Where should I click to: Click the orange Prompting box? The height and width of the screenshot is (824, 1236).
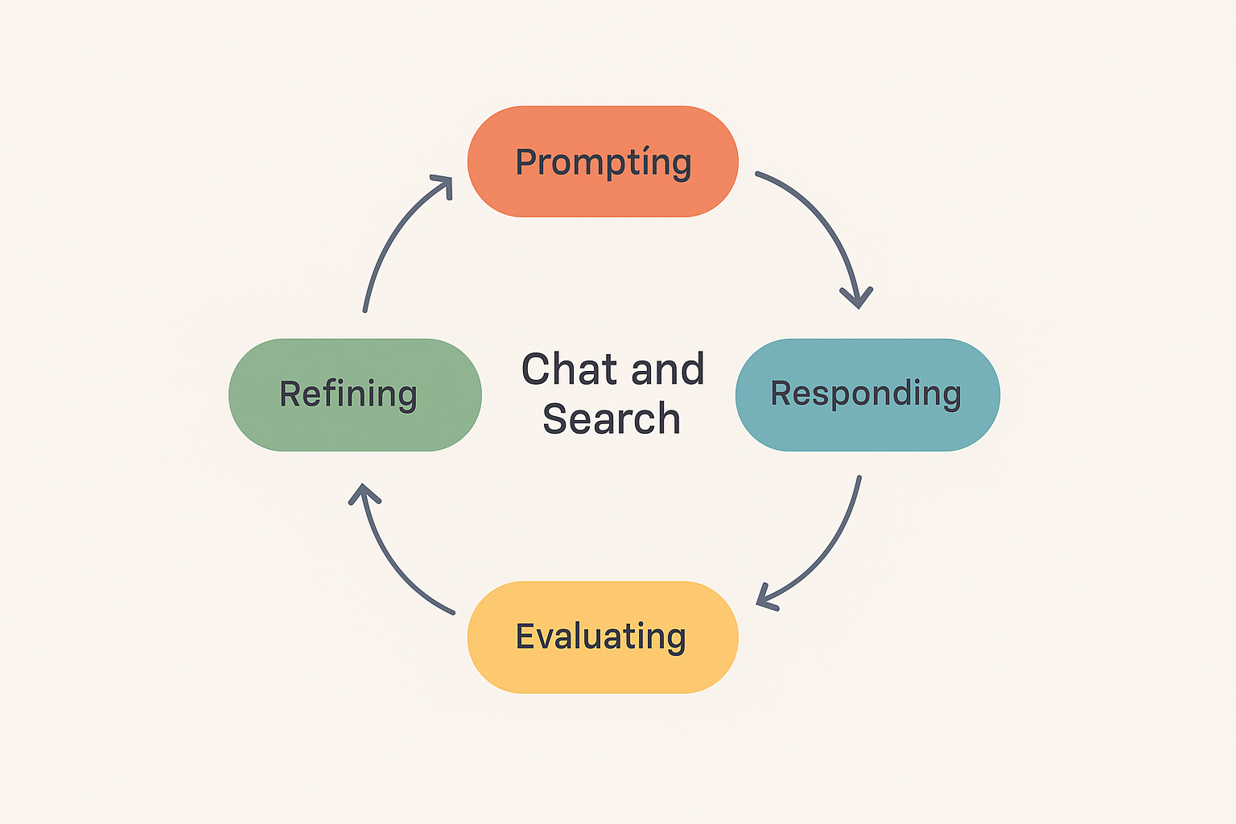click(x=603, y=161)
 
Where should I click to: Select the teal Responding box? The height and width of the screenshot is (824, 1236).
click(x=867, y=394)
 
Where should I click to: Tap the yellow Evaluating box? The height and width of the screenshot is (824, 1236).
click(x=603, y=637)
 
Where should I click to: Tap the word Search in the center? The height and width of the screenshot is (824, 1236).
click(x=612, y=419)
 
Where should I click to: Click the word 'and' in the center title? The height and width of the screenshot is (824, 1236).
click(x=668, y=370)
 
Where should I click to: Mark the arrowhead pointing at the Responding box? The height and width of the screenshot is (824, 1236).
click(x=858, y=298)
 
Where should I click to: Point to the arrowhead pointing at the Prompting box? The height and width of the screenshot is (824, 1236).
click(x=442, y=184)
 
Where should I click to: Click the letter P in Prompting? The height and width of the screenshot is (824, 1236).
click(x=526, y=162)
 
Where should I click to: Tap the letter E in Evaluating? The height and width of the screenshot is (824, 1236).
click(x=525, y=637)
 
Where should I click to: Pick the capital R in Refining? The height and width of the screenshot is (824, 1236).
click(x=290, y=394)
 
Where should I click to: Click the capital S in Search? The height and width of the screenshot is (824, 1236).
click(x=555, y=419)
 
